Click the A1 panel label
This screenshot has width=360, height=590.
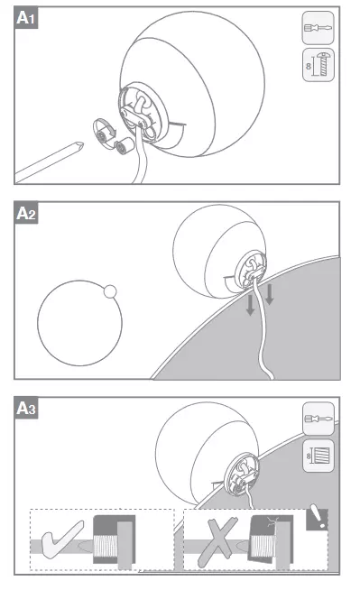26,18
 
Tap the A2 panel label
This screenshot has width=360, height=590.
26,213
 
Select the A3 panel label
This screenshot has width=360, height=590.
26,409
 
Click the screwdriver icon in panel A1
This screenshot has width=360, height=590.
318,27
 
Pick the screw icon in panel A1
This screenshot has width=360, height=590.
322,64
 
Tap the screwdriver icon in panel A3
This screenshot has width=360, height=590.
318,419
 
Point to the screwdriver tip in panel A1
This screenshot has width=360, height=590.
79,145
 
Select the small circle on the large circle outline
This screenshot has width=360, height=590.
110,291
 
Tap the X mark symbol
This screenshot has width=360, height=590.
217,541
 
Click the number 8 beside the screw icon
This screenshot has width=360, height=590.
309,66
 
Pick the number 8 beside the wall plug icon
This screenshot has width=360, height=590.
309,456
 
